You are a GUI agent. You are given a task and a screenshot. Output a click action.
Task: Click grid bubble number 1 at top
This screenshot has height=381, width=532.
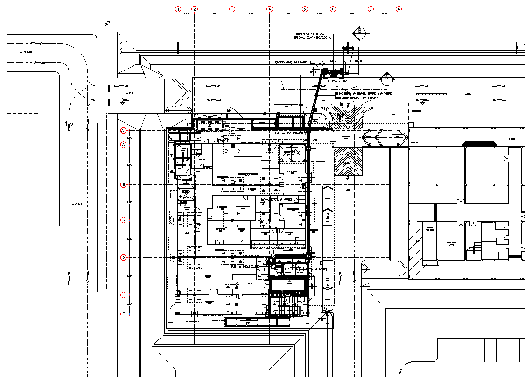coord(178,9)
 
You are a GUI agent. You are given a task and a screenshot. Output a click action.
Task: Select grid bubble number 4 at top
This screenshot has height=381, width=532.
coord(269,9)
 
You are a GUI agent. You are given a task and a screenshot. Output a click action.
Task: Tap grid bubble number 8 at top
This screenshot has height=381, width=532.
coord(399,9)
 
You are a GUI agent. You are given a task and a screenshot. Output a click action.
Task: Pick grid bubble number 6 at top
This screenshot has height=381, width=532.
coord(333,9)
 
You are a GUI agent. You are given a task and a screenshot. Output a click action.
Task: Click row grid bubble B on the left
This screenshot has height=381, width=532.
coord(124,184)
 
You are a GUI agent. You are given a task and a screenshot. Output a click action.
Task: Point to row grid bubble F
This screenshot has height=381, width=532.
coord(124,314)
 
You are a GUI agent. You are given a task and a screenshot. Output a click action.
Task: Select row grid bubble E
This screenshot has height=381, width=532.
coord(124,295)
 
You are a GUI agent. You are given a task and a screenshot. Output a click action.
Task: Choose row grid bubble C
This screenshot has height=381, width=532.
coord(124,220)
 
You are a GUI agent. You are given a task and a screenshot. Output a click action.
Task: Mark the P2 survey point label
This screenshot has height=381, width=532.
coord(108,21)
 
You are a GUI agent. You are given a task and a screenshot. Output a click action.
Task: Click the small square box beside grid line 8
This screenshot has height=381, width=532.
coord(411,125)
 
